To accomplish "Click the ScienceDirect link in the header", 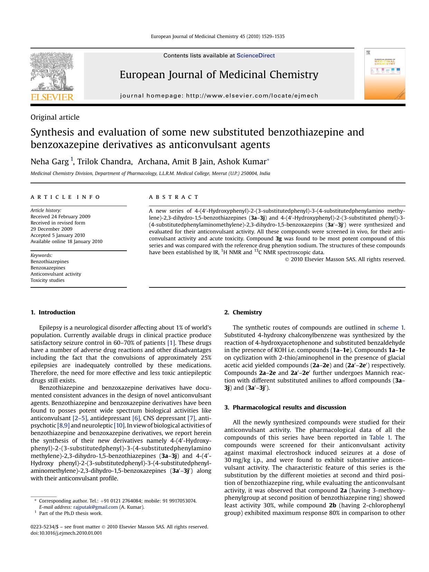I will pyautogui.click(x=255, y=56).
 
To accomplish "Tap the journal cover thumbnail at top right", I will pyautogui.click(x=384, y=74).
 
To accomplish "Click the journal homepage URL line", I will pyautogui.click(x=219, y=96).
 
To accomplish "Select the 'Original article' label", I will pyautogui.click(x=55, y=117).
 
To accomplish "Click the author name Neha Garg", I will pyautogui.click(x=49, y=162).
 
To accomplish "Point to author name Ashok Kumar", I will pyautogui.click(x=242, y=162).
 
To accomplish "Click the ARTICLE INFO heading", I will pyautogui.click(x=65, y=197).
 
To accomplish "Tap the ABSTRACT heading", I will pyautogui.click(x=174, y=197).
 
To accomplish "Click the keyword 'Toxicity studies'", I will pyautogui.click(x=47, y=280).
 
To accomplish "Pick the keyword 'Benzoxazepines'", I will pyautogui.click(x=48, y=268).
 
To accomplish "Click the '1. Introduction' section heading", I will pyautogui.click(x=53, y=312).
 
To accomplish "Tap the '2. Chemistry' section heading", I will pyautogui.click(x=243, y=312).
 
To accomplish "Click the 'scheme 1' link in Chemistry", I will pyautogui.click(x=390, y=327).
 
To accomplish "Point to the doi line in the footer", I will pyautogui.click(x=66, y=533).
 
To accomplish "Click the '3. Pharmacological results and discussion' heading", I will pyautogui.click(x=285, y=407).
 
